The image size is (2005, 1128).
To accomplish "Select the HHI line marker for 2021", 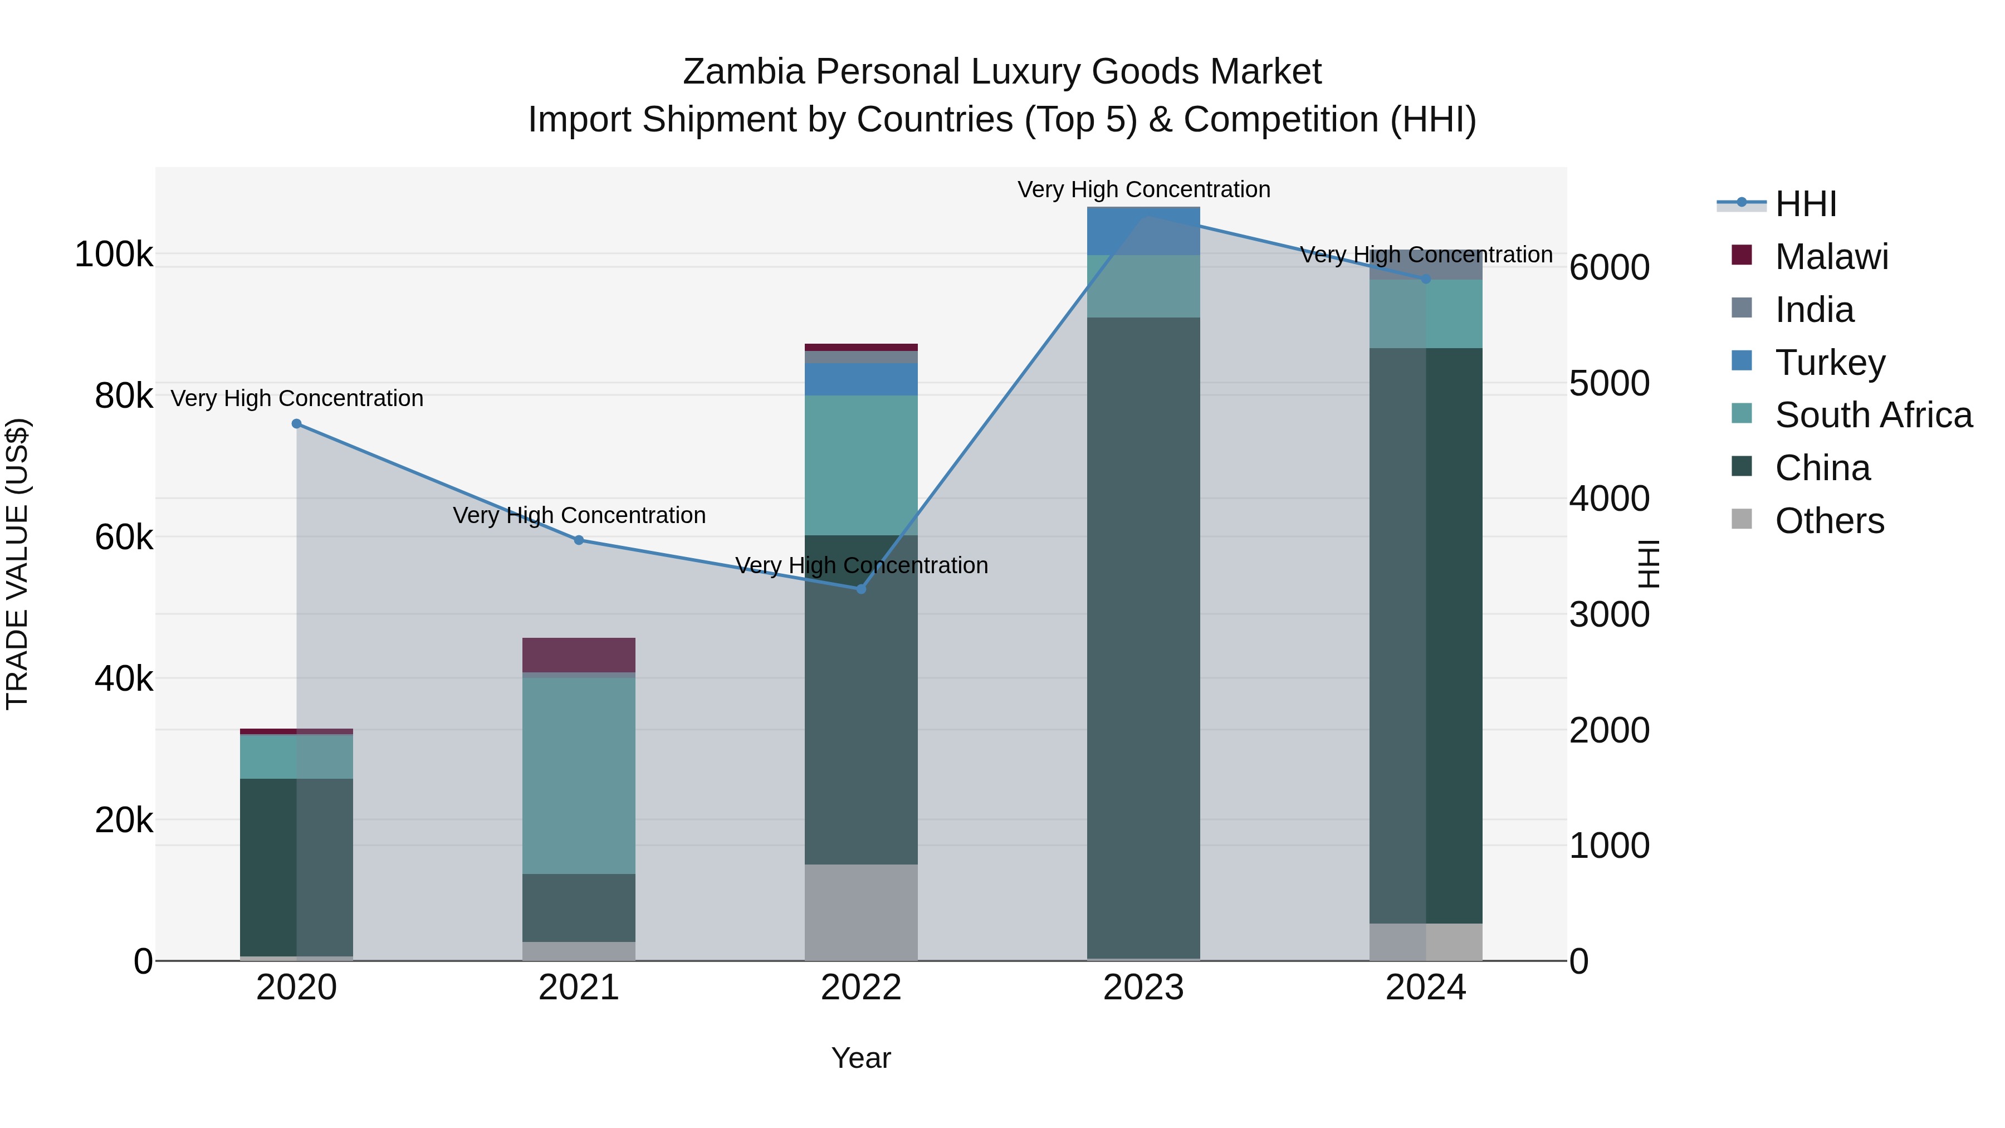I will tap(579, 540).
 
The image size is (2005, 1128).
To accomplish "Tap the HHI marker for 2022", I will tap(861, 589).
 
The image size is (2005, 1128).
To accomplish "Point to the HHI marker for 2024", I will tap(1426, 279).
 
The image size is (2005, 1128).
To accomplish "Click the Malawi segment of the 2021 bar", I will tap(579, 655).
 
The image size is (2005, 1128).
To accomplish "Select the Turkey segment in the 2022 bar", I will tap(861, 379).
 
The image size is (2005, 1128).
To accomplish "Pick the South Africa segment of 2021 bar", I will tap(579, 775).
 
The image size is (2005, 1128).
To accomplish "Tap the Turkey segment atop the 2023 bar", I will tap(1143, 231).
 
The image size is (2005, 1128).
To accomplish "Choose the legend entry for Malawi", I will tap(1831, 257).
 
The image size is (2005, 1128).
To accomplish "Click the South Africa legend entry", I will tap(1872, 415).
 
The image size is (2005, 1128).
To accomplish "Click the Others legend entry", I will tap(1828, 521).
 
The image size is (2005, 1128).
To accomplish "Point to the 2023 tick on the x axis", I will tap(1143, 988).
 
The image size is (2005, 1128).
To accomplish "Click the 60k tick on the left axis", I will tap(123, 537).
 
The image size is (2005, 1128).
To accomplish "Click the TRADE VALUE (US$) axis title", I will tap(17, 564).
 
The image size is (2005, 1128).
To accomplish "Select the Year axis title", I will tap(861, 1058).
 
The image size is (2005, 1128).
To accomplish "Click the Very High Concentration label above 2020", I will tap(296, 399).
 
